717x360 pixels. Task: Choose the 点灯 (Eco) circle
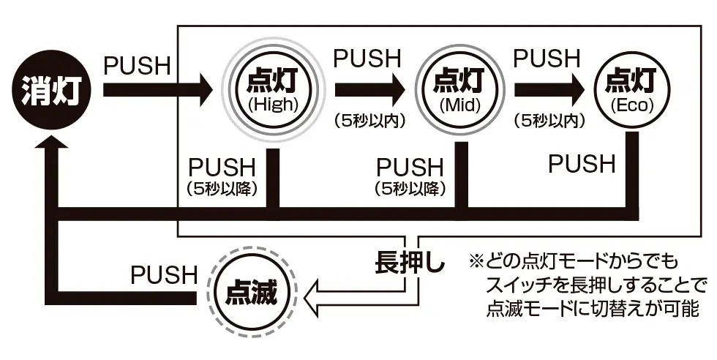(631, 89)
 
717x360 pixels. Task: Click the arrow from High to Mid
(369, 90)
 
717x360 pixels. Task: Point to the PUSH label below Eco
(582, 164)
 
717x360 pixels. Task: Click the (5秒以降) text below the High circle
(222, 188)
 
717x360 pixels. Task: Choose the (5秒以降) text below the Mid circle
(410, 188)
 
